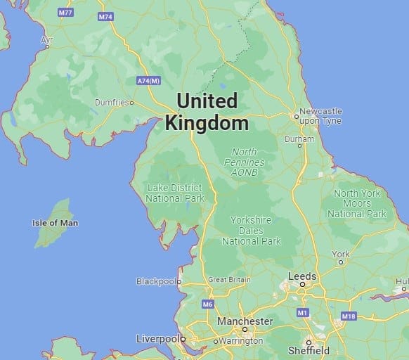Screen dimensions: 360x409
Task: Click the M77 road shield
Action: tap(66, 13)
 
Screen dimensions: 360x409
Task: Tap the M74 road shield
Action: tap(105, 15)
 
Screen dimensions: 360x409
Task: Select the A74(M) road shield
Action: tap(149, 81)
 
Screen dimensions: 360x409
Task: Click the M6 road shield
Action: tap(207, 304)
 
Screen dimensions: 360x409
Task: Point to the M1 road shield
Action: tap(302, 312)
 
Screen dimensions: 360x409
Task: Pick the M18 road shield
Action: tap(349, 316)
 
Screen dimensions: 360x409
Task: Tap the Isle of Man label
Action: tap(56, 223)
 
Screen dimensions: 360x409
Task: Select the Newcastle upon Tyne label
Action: tap(320, 116)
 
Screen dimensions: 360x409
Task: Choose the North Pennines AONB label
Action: tap(244, 162)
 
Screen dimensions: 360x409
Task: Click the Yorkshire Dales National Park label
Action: tap(252, 231)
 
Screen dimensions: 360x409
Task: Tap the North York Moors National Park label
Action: tap(357, 203)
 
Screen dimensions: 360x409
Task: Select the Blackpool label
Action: tap(155, 281)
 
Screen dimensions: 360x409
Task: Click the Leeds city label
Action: tap(302, 276)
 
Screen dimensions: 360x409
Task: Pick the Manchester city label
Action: tap(245, 321)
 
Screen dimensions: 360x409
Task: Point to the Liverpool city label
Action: tap(156, 339)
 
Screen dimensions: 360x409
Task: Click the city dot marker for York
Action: tap(341, 262)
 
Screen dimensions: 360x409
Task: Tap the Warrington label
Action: tap(240, 341)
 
